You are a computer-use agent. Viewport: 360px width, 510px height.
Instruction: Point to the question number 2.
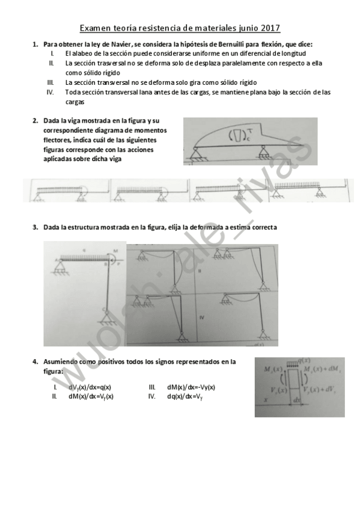coord(35,120)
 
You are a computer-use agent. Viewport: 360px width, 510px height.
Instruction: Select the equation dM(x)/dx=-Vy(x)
coord(191,387)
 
